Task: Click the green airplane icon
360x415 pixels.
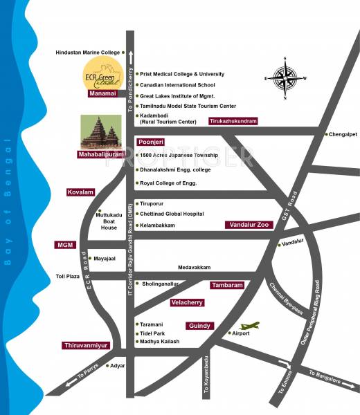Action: tap(249, 324)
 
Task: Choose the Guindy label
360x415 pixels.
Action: tap(199, 325)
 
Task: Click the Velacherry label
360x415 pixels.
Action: tap(190, 302)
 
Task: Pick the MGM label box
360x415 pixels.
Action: tap(64, 245)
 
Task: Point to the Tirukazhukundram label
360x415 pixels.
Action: tap(232, 121)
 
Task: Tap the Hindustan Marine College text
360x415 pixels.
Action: tap(87, 53)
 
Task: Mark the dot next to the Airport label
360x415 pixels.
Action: tap(230, 333)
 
